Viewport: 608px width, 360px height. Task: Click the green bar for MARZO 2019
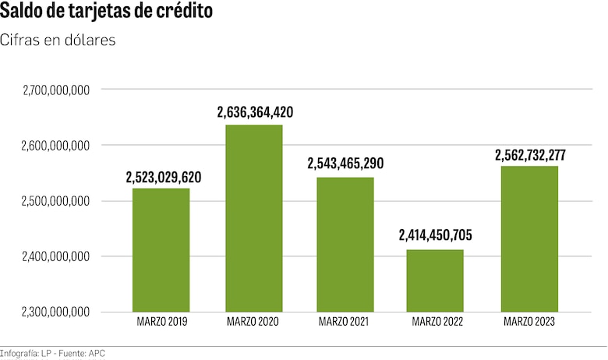161,249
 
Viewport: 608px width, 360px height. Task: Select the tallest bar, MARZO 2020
253,218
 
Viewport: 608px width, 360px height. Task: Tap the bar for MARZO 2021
345,244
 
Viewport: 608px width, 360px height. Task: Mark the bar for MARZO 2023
529,238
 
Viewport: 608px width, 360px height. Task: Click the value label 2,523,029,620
164,178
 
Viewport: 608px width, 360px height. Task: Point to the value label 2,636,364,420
255,113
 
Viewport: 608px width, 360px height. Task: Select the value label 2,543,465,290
345,164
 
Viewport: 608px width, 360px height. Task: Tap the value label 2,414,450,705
436,235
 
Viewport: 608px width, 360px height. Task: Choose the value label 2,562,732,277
530,155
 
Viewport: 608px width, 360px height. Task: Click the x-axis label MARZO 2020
253,322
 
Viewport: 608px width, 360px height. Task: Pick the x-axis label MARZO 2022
437,322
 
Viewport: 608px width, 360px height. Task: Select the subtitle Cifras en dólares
58,41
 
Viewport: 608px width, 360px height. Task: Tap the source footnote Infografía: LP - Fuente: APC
53,354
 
